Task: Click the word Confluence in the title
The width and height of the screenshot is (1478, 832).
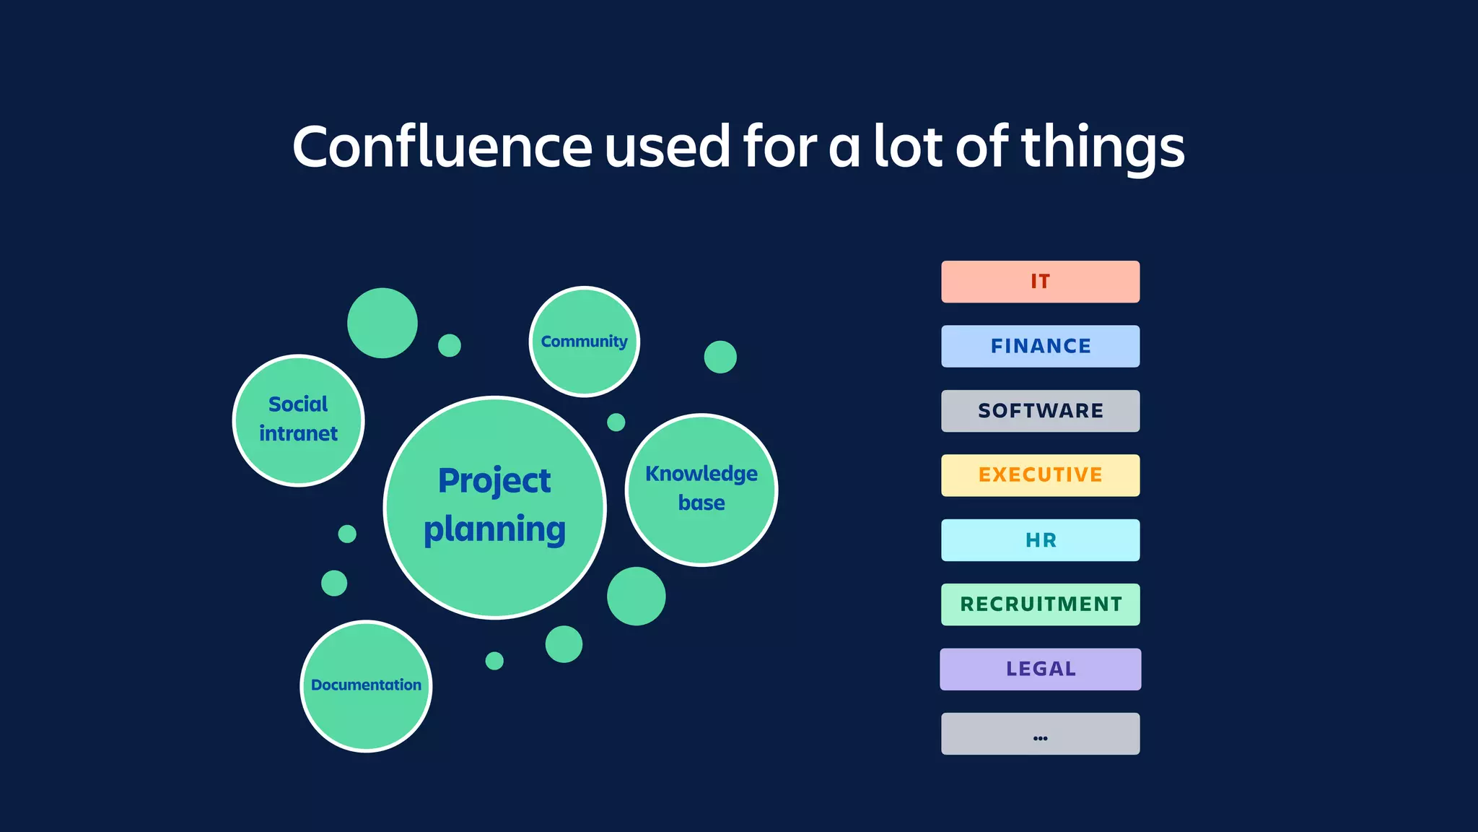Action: [442, 147]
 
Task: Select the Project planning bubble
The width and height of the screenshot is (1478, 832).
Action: [495, 507]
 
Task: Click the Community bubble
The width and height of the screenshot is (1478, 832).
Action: [585, 342]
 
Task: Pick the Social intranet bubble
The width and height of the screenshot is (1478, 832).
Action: [298, 420]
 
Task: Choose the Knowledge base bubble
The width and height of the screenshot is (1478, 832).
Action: [701, 490]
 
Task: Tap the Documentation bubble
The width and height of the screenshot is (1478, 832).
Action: [366, 685]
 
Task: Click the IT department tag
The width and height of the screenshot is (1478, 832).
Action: [1040, 282]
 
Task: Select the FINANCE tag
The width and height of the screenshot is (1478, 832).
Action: [1040, 346]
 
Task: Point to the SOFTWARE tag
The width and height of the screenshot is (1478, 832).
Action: [1040, 411]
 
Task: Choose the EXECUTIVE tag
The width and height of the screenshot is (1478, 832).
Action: [1040, 475]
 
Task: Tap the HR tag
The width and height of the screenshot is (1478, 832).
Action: [1040, 540]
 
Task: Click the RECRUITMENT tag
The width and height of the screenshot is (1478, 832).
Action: [1040, 604]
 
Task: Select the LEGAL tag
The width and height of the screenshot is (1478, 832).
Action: [1040, 669]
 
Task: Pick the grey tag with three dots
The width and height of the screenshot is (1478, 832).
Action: [1040, 734]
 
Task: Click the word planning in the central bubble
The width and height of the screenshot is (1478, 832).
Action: [495, 530]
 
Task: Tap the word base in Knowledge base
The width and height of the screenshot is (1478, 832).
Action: [701, 503]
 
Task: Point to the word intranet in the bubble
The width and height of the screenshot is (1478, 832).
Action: [298, 433]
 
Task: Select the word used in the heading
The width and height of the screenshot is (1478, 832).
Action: [668, 147]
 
